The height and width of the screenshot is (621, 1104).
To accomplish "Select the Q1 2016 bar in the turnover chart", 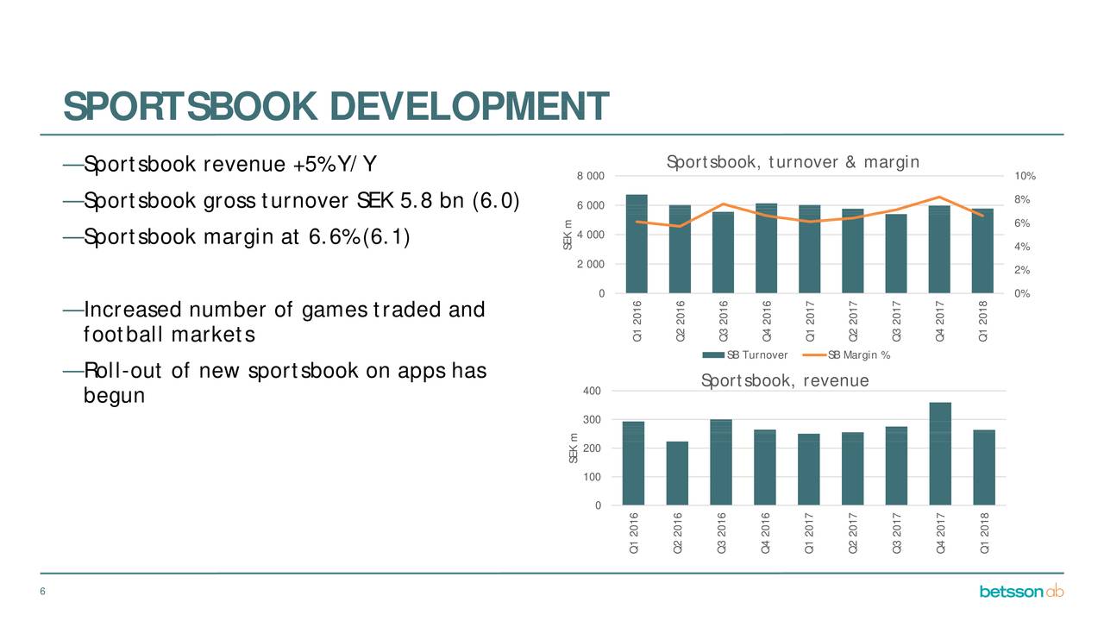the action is pos(637,244).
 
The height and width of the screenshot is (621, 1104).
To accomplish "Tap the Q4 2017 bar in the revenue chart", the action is pos(940,454).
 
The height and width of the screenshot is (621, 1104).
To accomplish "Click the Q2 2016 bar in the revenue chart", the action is pos(677,474).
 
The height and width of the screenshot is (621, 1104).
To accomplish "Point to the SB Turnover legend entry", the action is pos(744,354).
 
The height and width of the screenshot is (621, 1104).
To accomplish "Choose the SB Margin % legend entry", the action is pos(846,354).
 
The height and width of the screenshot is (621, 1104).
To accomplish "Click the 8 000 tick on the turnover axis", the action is pos(591,176).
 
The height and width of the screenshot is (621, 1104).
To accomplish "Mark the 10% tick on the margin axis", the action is pos(1025,176).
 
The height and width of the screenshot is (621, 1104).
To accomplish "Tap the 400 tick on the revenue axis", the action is pos(592,391).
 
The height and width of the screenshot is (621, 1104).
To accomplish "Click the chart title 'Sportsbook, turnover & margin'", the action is pos(793,162).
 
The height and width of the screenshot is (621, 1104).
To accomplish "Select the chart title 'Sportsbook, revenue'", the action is pos(785,380).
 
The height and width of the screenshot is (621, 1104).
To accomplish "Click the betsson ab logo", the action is pos(1021,591).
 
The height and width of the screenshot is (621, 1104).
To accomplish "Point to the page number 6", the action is pos(43,592).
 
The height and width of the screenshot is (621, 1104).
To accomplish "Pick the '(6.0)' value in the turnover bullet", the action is pos(496,201).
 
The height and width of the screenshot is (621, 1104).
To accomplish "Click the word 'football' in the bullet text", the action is pos(122,335).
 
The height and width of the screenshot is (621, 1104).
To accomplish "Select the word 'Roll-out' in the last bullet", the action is pos(122,371).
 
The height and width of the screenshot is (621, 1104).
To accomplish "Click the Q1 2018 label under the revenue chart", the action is pos(984,533).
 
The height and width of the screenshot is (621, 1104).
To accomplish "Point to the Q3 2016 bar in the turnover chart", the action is pos(723,253).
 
